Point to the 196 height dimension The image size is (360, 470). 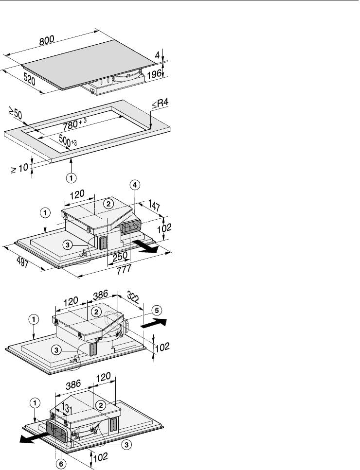(154, 74)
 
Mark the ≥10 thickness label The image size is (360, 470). (19, 169)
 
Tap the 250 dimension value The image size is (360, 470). (120, 256)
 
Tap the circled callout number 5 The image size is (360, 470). (156, 309)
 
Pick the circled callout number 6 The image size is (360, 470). (60, 464)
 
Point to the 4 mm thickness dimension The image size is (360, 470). (157, 55)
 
